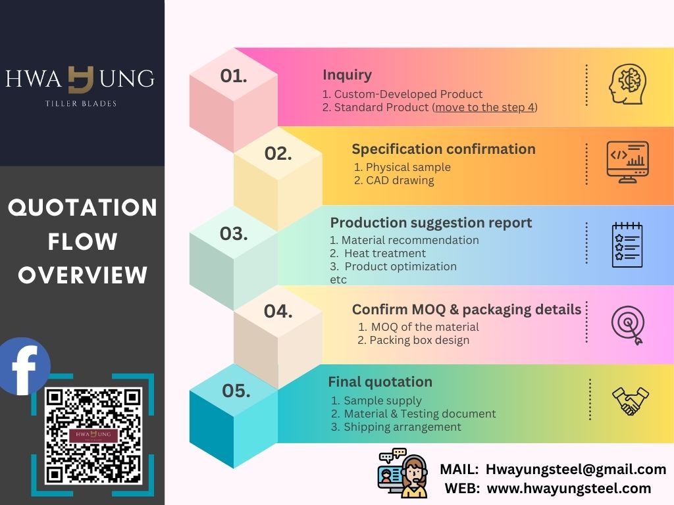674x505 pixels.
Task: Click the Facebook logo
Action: pyautogui.click(x=24, y=366)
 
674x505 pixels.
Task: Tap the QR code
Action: pyautogui.click(x=93, y=435)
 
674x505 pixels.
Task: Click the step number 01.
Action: pyautogui.click(x=234, y=76)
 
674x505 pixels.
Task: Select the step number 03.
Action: pyautogui.click(x=234, y=233)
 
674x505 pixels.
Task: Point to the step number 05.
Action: pyautogui.click(x=236, y=391)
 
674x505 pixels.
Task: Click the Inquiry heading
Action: pyautogui.click(x=347, y=75)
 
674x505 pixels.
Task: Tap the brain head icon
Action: pyautogui.click(x=627, y=84)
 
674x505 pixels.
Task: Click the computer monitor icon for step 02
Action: pyautogui.click(x=627, y=162)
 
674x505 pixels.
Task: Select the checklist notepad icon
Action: pyautogui.click(x=627, y=245)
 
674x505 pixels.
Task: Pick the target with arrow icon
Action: pyautogui.click(x=628, y=325)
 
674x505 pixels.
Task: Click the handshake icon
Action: pyautogui.click(x=630, y=400)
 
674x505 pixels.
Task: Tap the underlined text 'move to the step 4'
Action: pyautogui.click(x=484, y=107)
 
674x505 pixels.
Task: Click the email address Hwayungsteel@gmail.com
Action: pyautogui.click(x=576, y=469)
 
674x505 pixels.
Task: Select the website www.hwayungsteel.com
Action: pyautogui.click(x=569, y=489)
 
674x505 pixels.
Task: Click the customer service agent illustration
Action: pyautogui.click(x=403, y=473)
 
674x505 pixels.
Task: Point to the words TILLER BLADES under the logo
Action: pyautogui.click(x=81, y=103)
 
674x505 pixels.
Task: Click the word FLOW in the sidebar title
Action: pyautogui.click(x=82, y=241)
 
